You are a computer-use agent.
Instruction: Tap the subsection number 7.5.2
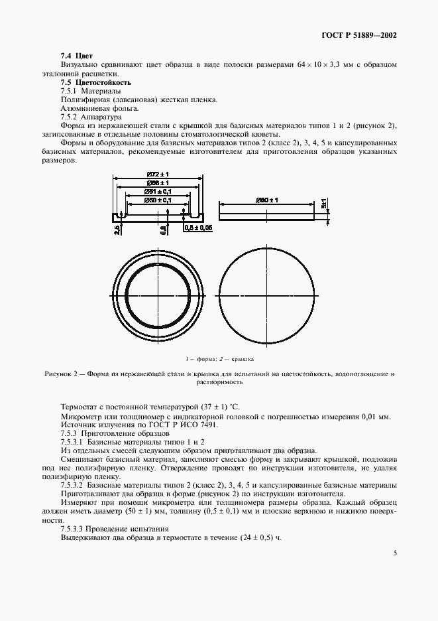click(71, 115)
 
